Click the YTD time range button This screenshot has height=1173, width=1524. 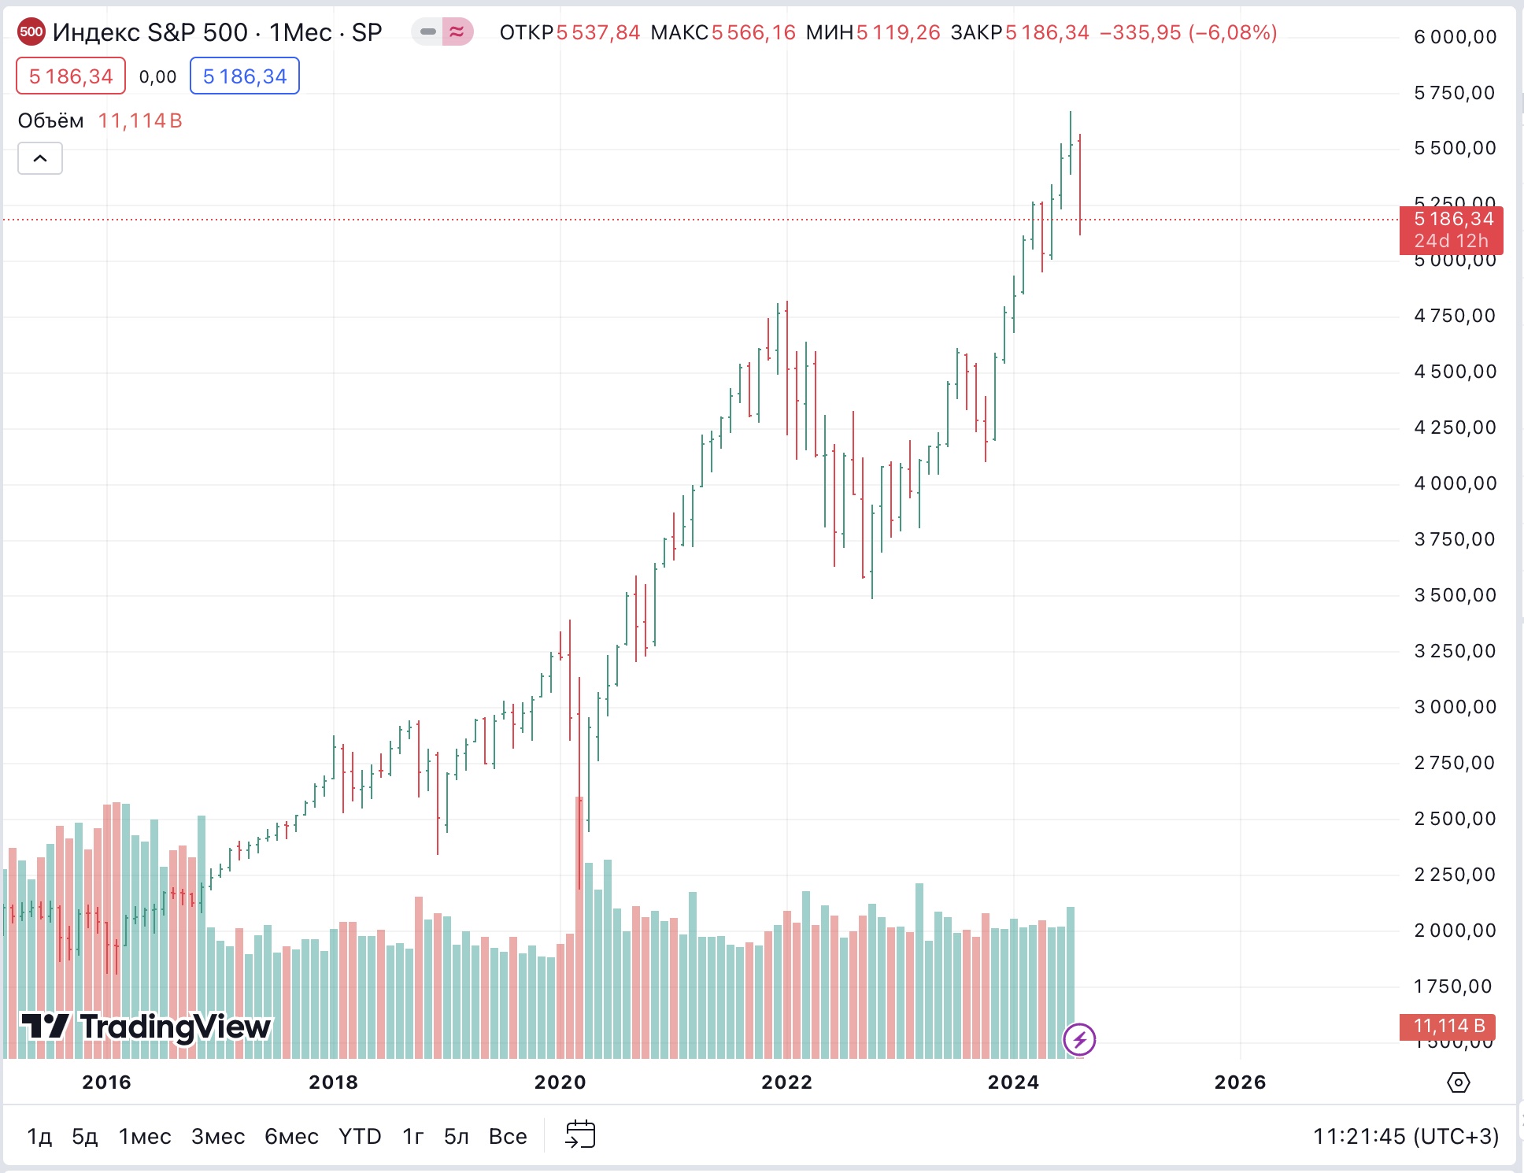click(x=360, y=1136)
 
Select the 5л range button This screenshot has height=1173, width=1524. click(x=457, y=1136)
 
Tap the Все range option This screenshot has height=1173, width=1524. click(x=508, y=1136)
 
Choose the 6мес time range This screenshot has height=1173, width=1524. click(x=291, y=1136)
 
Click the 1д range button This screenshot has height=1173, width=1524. click(x=39, y=1136)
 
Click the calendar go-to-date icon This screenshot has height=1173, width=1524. click(x=580, y=1134)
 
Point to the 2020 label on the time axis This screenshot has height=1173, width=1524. click(x=560, y=1082)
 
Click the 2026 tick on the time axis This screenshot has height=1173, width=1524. click(x=1240, y=1082)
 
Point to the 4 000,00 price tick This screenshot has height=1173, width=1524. click(x=1455, y=483)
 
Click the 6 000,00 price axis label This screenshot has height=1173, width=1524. click(x=1455, y=37)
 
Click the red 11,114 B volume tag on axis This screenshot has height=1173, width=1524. click(x=1448, y=1026)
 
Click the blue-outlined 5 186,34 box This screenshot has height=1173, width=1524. click(x=245, y=76)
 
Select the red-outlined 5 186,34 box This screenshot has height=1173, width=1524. click(x=71, y=76)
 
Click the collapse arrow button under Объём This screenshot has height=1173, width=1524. click(x=40, y=158)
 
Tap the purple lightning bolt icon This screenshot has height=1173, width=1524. click(x=1079, y=1039)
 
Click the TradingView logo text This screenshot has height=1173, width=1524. click(x=175, y=1027)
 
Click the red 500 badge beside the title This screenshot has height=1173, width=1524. click(x=31, y=32)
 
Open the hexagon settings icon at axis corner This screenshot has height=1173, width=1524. click(x=1458, y=1082)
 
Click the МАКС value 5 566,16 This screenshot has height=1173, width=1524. click(x=753, y=32)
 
